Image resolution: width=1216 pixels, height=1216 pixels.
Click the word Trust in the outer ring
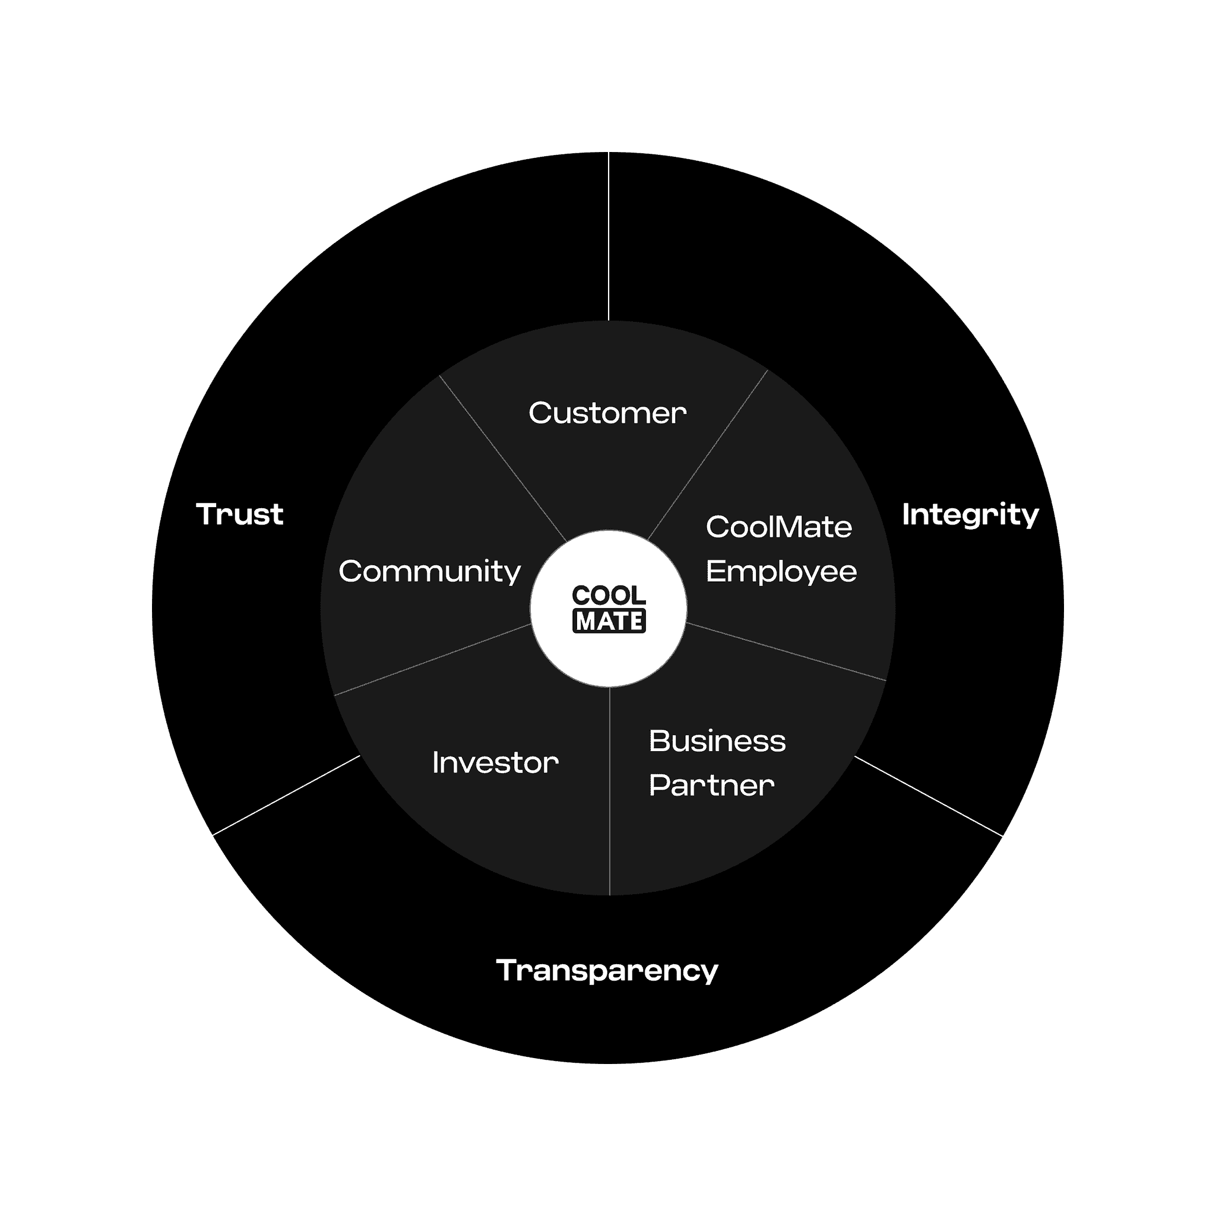(240, 514)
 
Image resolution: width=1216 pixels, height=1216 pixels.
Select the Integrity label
(971, 515)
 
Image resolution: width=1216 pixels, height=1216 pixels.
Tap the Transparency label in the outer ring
(607, 971)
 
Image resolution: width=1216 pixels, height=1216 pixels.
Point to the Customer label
(607, 413)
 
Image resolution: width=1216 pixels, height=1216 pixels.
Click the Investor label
(495, 763)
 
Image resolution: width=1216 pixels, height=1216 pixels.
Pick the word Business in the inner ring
(717, 741)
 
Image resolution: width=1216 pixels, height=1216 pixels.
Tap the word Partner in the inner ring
(712, 786)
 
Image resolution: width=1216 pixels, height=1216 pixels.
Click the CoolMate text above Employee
(779, 527)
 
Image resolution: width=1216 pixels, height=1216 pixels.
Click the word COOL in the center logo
(609, 596)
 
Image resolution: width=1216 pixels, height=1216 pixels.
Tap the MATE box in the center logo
(609, 621)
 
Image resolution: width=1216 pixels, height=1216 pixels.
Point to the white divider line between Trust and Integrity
(609, 237)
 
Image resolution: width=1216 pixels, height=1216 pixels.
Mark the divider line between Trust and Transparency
(287, 795)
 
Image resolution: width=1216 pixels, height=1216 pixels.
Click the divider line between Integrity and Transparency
(928, 796)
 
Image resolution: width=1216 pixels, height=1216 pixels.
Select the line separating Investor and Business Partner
(609, 791)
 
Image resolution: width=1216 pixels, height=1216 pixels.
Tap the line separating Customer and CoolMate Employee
(707, 455)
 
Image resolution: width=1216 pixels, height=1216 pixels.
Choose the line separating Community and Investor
(432, 660)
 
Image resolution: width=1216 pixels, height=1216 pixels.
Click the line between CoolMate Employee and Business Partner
(786, 651)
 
